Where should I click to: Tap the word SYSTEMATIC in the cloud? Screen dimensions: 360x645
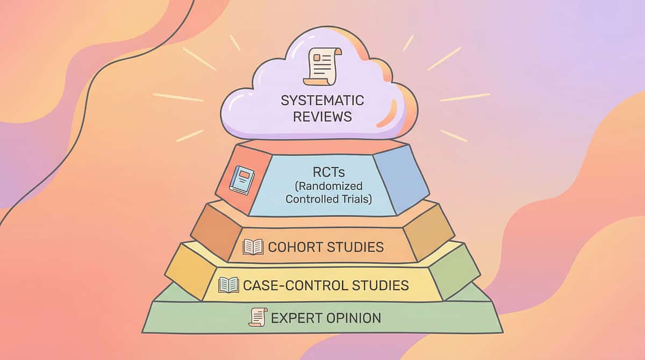[322, 100]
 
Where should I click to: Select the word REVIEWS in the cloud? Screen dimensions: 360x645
[322, 116]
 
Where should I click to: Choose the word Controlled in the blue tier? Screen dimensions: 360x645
[311, 199]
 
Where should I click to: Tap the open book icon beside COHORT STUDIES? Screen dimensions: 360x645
[253, 247]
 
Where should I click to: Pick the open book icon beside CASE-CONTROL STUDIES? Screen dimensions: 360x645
[228, 285]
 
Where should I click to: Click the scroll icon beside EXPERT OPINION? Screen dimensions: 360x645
[258, 317]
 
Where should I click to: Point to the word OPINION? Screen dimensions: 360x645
[354, 318]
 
